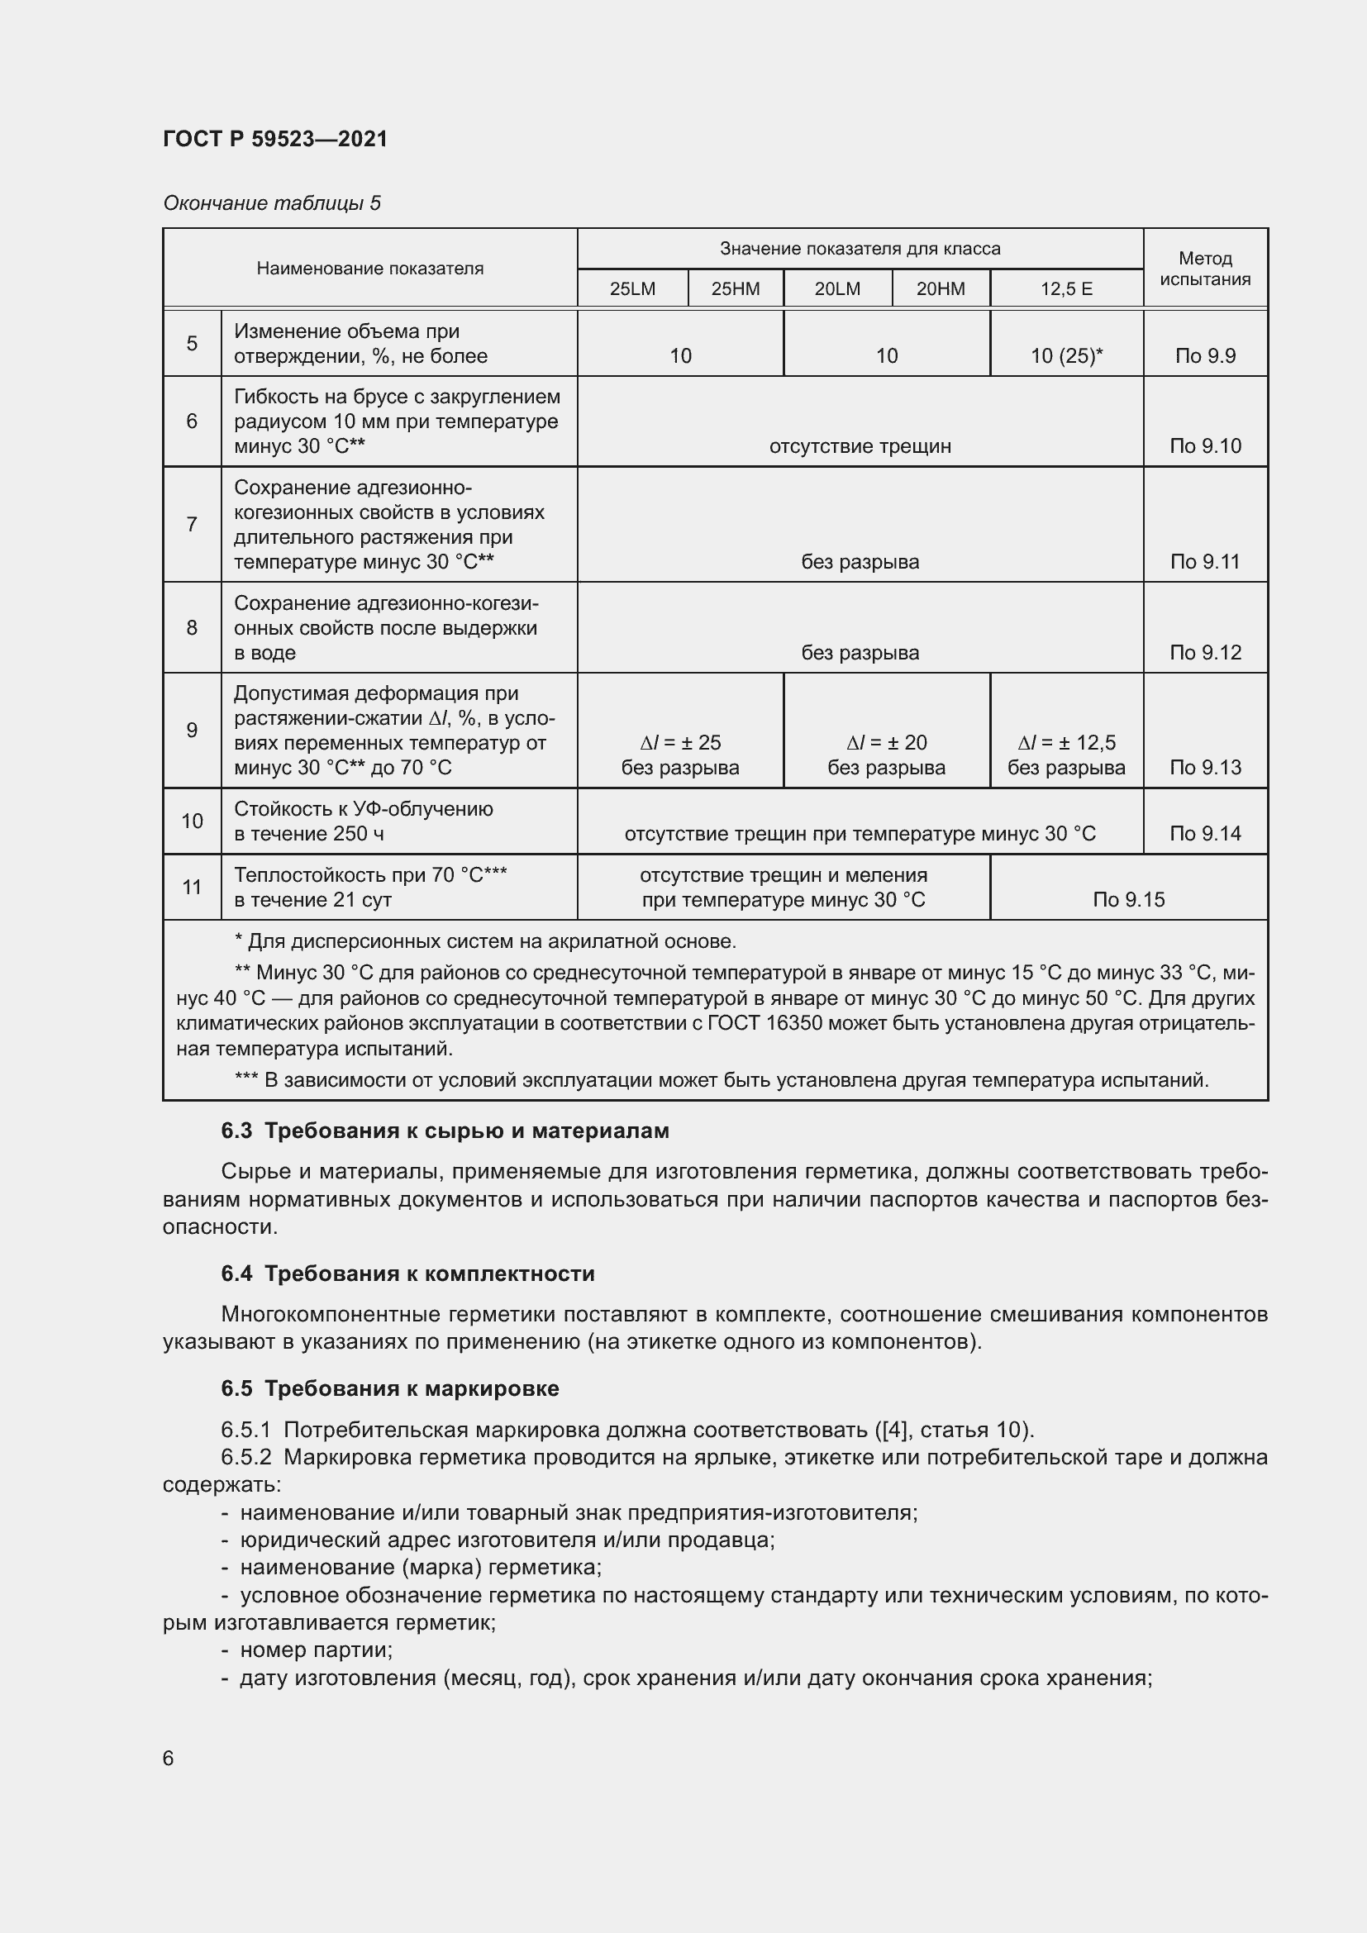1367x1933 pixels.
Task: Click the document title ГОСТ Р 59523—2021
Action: tap(275, 139)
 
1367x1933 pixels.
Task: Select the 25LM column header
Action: tap(632, 288)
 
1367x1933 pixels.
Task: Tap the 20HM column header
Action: tap(941, 288)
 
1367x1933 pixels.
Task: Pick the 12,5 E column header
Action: tap(1065, 288)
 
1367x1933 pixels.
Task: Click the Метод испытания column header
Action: tap(1204, 269)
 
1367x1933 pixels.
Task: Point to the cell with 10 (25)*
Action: tap(1065, 356)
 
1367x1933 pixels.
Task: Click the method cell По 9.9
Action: tap(1204, 356)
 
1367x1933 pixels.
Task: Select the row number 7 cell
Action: tap(192, 525)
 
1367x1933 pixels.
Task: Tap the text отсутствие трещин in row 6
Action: tap(860, 446)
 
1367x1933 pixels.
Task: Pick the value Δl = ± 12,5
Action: tap(1065, 743)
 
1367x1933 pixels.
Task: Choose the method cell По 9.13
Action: tap(1204, 767)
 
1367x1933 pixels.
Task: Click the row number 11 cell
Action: tap(192, 887)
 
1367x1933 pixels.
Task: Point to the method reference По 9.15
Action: tap(1128, 899)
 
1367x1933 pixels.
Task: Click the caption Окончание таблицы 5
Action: tap(272, 203)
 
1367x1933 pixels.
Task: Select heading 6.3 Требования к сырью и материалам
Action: tap(445, 1131)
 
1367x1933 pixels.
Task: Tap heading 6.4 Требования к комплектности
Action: tap(407, 1274)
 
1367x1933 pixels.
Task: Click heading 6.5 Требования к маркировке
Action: tap(390, 1388)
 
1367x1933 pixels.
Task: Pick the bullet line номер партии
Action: tap(316, 1650)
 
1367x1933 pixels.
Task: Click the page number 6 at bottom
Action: tap(169, 1758)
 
